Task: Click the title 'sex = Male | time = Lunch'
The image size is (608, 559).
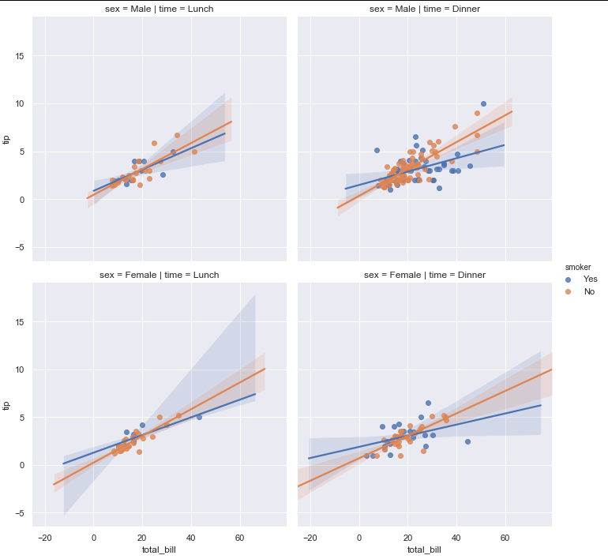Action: pos(159,9)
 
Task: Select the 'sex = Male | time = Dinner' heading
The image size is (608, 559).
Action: pos(424,9)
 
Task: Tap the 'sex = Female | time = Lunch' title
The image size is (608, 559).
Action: pos(159,275)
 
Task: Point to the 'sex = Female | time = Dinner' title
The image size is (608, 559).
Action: pos(424,275)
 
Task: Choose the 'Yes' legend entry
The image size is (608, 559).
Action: pos(590,279)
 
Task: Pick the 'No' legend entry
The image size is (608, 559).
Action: pos(588,292)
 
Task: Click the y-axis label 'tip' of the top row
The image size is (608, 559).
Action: pos(6,140)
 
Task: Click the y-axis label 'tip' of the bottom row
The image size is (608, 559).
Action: pos(6,406)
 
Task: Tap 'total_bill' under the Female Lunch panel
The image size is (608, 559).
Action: pos(159,550)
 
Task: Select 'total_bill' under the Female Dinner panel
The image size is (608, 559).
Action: pos(424,550)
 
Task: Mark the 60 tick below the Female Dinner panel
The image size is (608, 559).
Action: pos(505,537)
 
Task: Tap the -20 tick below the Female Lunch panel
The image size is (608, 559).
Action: pos(45,537)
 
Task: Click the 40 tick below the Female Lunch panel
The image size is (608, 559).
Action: pos(190,537)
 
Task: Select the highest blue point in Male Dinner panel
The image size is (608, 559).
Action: pos(483,103)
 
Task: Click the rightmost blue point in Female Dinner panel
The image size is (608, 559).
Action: pos(467,441)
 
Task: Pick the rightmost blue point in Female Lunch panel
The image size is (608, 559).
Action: pos(199,417)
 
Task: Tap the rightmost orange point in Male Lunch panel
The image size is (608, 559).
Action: pos(194,152)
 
